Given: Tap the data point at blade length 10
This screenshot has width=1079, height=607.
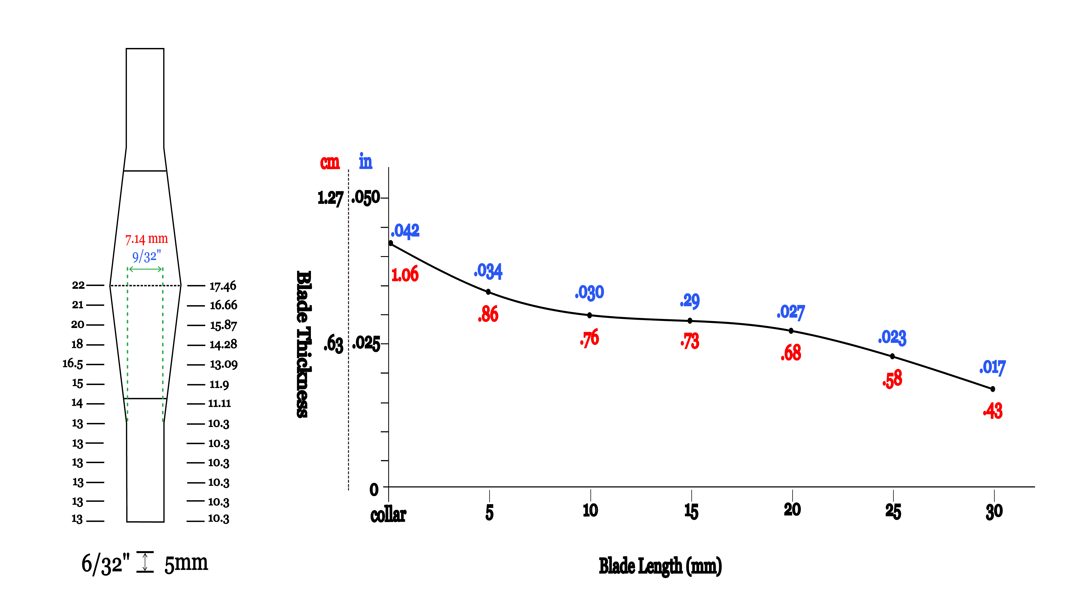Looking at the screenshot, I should tap(589, 315).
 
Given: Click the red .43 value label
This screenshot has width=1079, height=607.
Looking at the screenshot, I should tap(993, 411).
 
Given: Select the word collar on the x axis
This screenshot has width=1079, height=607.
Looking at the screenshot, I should tap(388, 515).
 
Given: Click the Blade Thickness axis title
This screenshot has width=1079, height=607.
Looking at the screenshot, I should tap(303, 344).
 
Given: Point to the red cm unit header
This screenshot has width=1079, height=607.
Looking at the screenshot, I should tap(330, 162).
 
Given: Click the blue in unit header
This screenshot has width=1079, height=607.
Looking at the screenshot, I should tap(365, 161).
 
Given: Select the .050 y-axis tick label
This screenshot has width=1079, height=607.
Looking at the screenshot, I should tap(366, 198).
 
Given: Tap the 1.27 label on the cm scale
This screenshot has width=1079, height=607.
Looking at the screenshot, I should tap(330, 198).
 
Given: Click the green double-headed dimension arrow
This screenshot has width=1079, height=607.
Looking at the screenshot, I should tap(145, 269).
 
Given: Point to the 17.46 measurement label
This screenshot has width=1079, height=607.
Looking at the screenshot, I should tap(223, 286).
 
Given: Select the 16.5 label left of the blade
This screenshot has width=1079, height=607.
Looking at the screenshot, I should tap(73, 364).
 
